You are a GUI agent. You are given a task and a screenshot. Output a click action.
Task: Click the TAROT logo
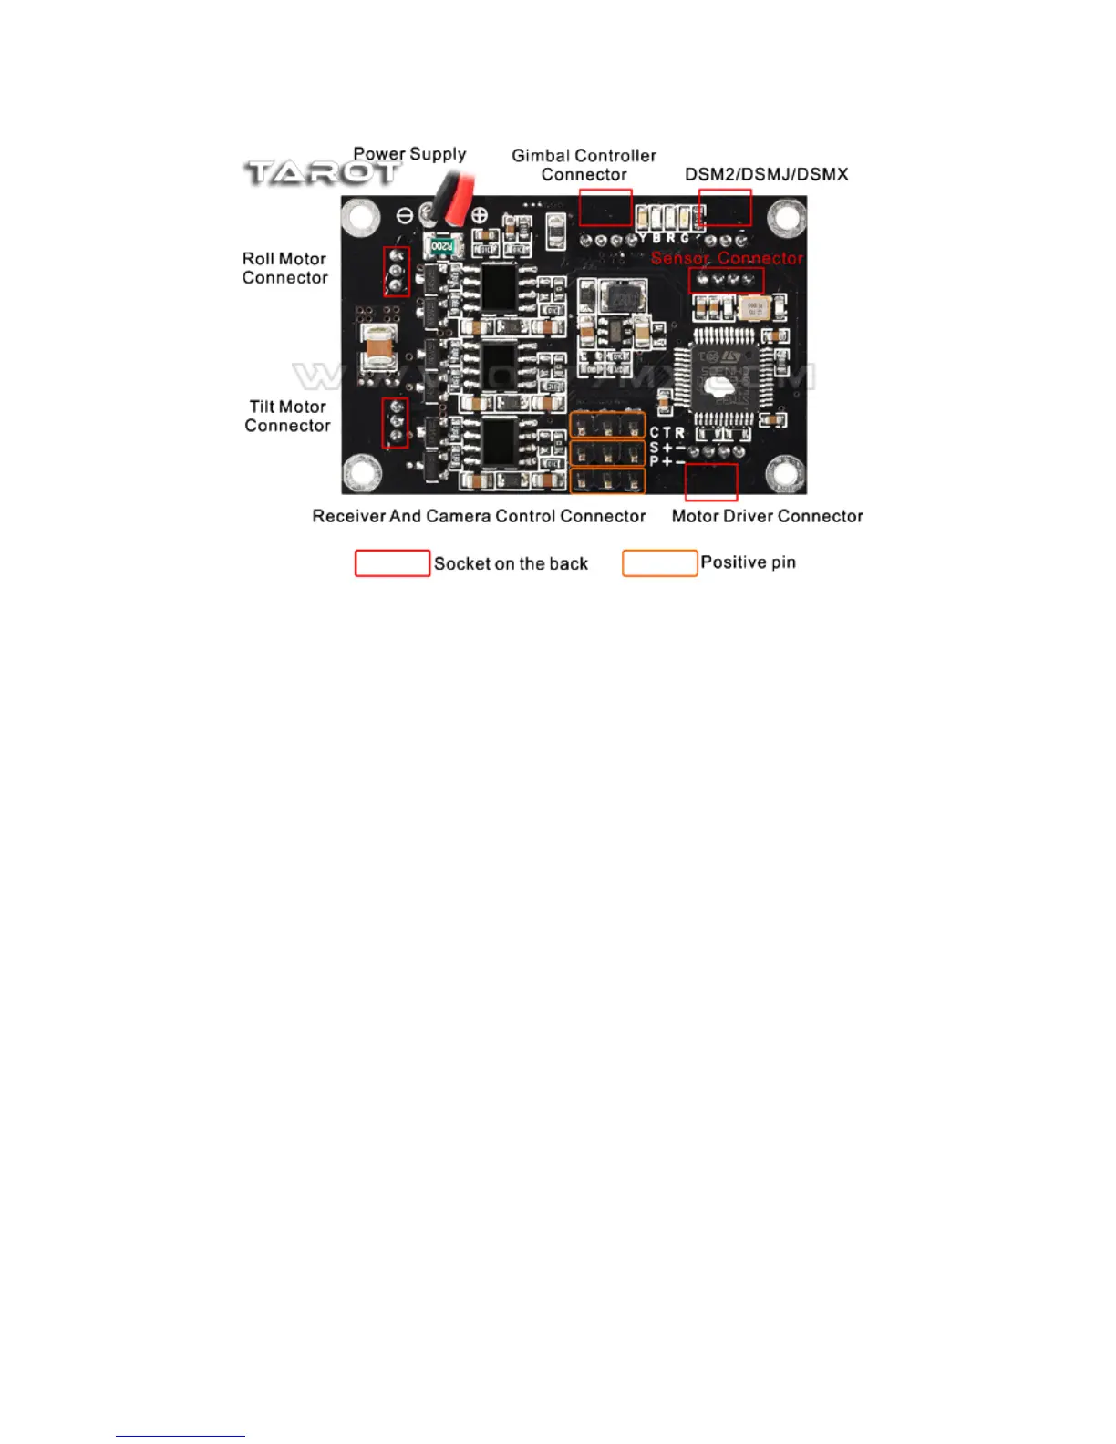[x=321, y=172]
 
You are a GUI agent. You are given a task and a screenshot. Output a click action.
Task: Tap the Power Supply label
[x=409, y=154]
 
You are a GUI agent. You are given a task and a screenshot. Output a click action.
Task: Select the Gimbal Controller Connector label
[x=584, y=165]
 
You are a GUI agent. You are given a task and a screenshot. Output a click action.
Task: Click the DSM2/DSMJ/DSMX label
[x=766, y=174]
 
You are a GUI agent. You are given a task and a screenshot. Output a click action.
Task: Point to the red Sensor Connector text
[x=727, y=258]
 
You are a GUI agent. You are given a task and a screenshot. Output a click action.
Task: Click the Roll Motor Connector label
[x=284, y=268]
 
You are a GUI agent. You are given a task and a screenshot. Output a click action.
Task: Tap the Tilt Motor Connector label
[x=287, y=416]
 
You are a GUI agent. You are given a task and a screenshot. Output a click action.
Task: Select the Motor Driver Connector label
[x=767, y=516]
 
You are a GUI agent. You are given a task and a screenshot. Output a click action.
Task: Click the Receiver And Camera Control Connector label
[x=479, y=516]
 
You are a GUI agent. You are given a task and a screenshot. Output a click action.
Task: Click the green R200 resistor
[x=441, y=246]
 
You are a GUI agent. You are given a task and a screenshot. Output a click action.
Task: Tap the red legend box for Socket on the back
[x=392, y=563]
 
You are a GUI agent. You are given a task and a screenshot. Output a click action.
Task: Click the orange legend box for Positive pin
[x=659, y=563]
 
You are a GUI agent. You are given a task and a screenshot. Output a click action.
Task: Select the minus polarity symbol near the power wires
[x=406, y=216]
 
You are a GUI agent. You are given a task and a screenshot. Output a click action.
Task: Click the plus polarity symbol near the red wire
[x=480, y=216]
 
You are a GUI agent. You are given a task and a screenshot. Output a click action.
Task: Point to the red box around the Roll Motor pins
[x=396, y=272]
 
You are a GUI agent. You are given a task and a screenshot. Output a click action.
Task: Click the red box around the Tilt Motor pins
[x=395, y=422]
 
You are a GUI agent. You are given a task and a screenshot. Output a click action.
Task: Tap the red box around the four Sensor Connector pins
[x=726, y=280]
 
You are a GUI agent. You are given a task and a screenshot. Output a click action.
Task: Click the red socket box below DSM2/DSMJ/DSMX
[x=725, y=207]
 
